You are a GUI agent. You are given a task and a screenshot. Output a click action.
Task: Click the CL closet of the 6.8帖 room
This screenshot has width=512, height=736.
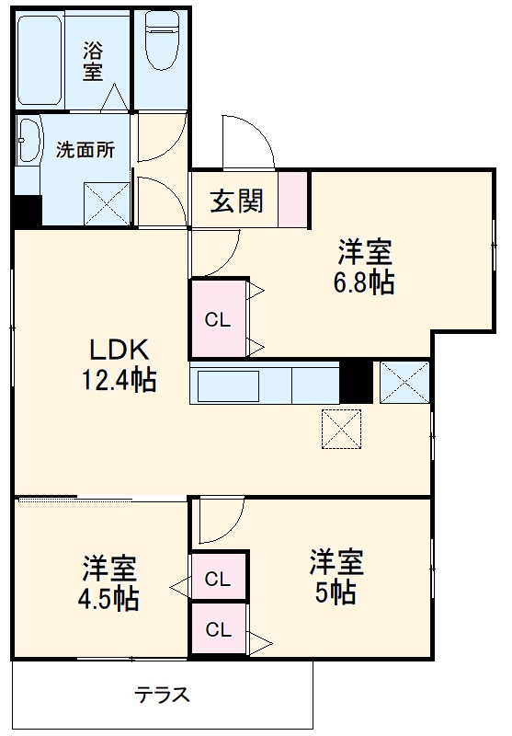(x=218, y=319)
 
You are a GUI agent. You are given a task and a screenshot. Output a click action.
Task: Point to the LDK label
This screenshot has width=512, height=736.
(x=119, y=351)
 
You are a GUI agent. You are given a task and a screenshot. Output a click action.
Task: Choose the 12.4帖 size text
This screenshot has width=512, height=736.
(x=119, y=379)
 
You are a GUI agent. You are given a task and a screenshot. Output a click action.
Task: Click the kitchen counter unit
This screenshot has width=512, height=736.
(x=265, y=384)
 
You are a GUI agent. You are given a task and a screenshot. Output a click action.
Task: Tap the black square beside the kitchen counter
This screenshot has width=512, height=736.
(x=356, y=382)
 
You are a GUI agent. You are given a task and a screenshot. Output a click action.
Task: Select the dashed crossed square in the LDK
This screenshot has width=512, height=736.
(x=341, y=429)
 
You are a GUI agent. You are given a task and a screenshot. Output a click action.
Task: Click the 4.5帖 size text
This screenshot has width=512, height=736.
(x=108, y=599)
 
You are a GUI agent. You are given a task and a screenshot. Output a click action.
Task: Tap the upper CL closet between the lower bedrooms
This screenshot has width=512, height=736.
(x=218, y=579)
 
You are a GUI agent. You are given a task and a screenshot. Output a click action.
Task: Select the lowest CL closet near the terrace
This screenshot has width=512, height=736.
(x=218, y=630)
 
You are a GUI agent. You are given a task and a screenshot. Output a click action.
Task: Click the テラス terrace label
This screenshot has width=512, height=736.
(x=163, y=696)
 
